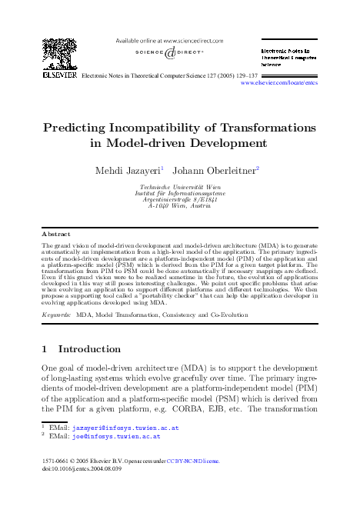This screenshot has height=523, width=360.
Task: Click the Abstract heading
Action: click(x=56, y=234)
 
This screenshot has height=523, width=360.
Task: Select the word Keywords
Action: click(x=58, y=315)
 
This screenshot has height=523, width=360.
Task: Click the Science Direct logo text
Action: click(x=170, y=54)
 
